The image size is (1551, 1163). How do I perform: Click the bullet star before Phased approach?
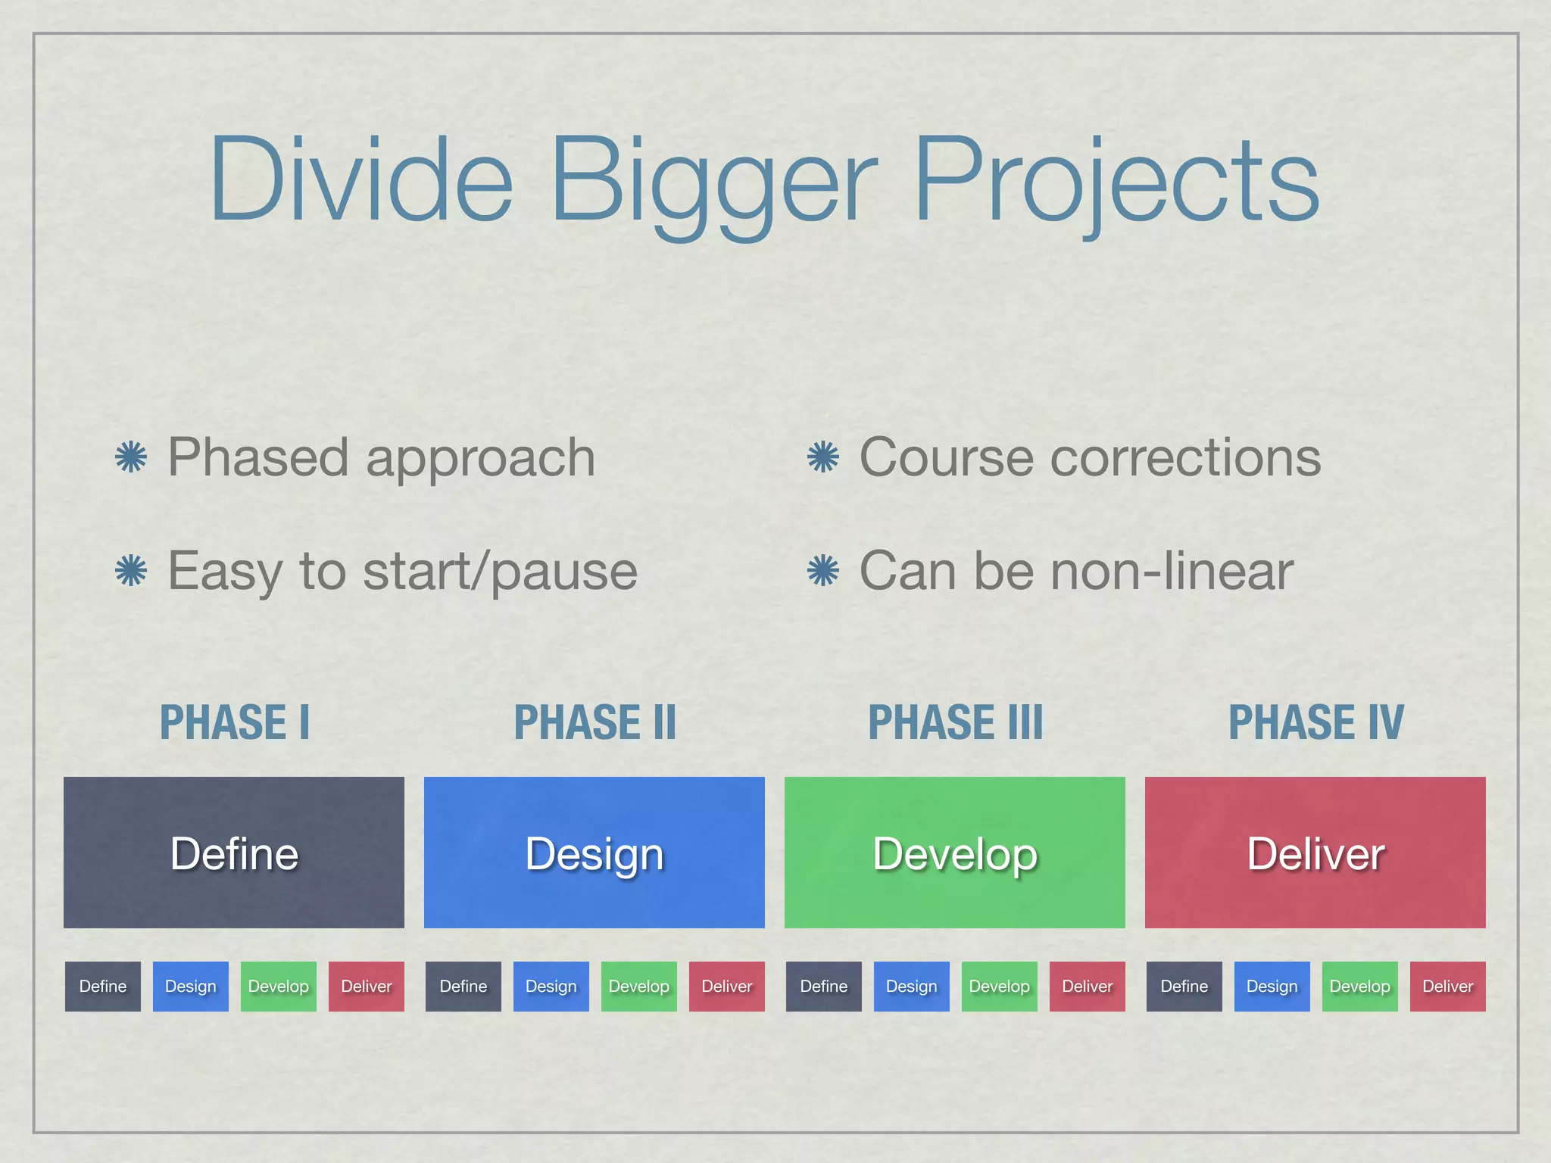[x=131, y=457]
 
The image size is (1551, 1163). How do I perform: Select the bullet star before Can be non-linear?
[x=823, y=571]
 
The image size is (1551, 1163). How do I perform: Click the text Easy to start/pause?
[x=402, y=571]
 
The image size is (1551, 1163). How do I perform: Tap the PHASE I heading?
[x=234, y=722]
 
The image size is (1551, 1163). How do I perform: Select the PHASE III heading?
[x=955, y=722]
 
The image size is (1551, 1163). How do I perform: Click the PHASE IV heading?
[x=1315, y=722]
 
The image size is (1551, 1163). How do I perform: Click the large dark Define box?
[x=234, y=853]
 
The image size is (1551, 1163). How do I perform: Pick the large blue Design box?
[x=594, y=853]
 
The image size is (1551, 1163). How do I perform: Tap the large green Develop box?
[x=955, y=853]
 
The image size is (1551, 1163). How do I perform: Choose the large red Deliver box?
[x=1315, y=853]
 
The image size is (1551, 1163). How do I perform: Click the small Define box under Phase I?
[x=103, y=987]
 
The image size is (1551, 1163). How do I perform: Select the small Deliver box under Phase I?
[x=367, y=987]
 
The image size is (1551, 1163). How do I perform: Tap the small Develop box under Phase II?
[x=639, y=987]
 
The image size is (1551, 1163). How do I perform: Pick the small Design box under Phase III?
[x=912, y=987]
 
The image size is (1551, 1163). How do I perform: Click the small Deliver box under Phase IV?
[x=1448, y=987]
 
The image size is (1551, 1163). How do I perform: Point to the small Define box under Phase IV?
[x=1184, y=987]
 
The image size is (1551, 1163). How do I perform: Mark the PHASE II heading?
[x=594, y=722]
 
